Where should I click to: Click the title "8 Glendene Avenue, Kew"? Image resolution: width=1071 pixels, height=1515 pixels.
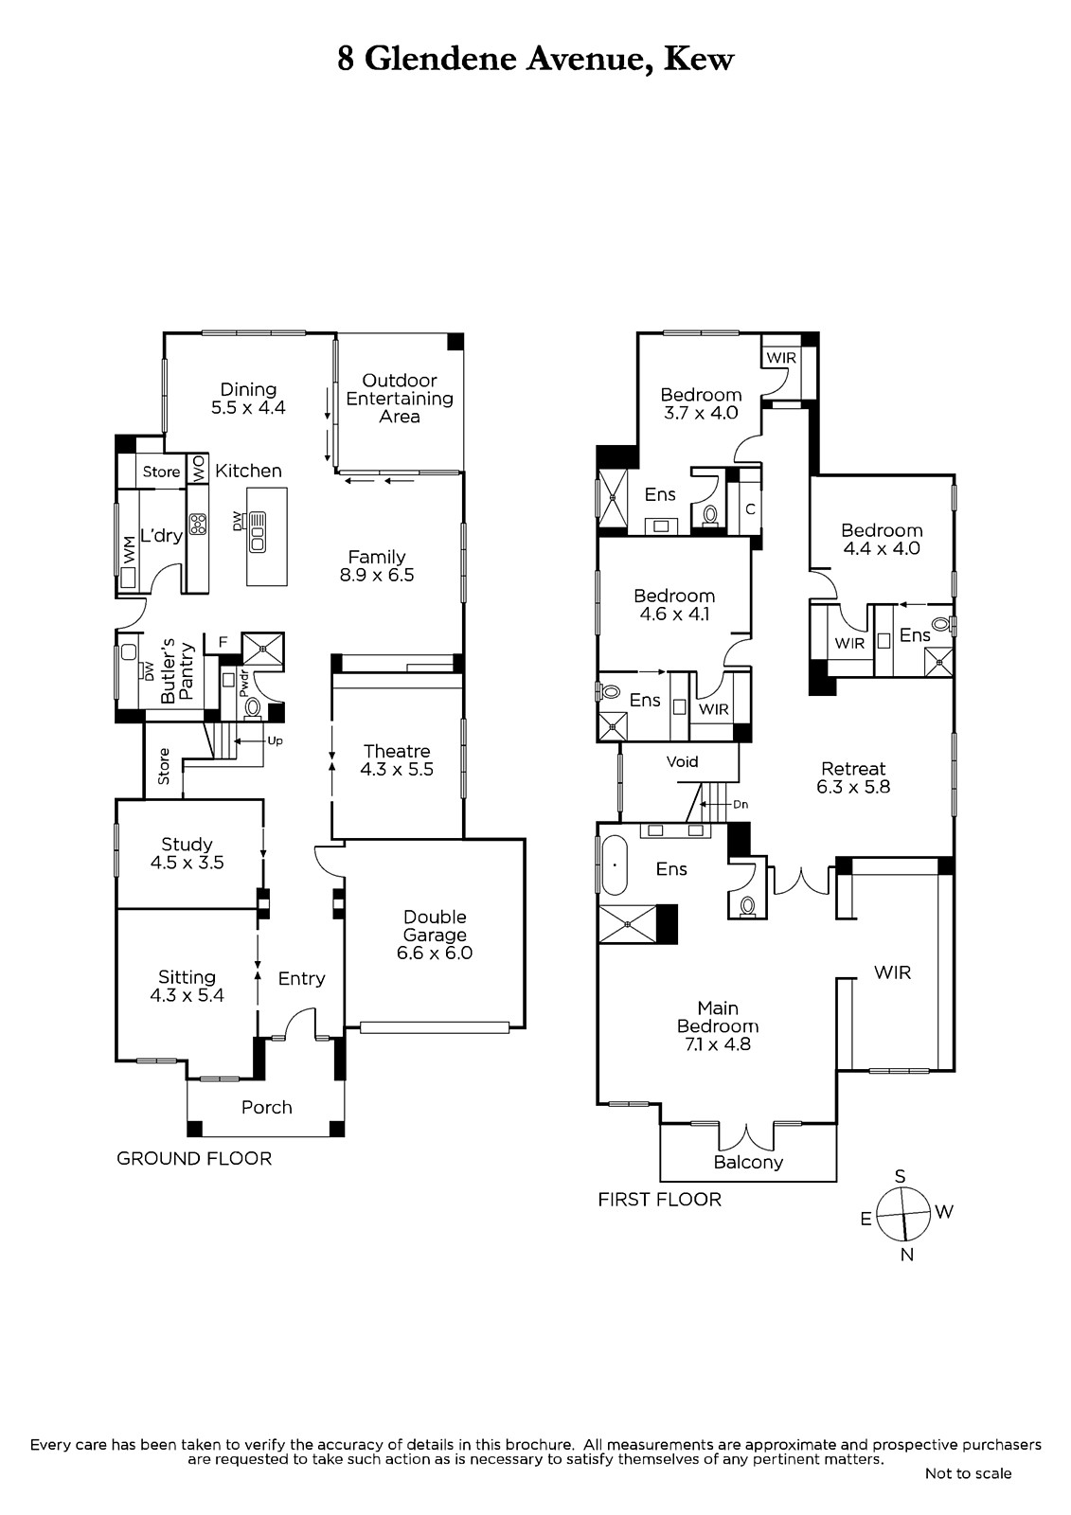click(535, 60)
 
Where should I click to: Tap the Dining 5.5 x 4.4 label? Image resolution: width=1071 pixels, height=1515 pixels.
click(248, 399)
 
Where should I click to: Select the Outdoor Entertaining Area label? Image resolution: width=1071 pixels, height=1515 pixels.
click(400, 399)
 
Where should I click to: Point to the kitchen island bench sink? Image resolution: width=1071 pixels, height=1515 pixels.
click(258, 531)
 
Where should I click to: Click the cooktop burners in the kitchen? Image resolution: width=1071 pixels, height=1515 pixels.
click(198, 525)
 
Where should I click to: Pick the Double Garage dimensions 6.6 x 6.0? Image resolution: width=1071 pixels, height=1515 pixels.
click(435, 953)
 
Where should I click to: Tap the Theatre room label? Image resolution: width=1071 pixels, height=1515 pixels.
click(397, 760)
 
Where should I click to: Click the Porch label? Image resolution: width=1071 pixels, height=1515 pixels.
click(266, 1108)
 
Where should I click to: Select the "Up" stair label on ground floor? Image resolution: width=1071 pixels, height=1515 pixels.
click(275, 740)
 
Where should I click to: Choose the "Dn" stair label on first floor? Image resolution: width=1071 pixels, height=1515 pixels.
click(741, 805)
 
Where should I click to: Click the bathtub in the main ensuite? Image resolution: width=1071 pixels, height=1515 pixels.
click(615, 865)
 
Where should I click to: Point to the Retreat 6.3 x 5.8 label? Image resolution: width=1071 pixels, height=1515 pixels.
click(853, 777)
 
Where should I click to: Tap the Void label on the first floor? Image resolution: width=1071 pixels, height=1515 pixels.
click(682, 761)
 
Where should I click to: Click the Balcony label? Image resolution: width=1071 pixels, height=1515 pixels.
click(748, 1163)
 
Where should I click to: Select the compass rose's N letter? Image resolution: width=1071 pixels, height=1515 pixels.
click(907, 1255)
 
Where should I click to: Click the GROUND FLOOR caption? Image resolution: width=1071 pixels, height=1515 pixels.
click(194, 1159)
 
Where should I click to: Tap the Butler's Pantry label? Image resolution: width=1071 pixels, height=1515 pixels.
click(177, 671)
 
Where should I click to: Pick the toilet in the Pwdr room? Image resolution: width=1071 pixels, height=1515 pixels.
click(252, 707)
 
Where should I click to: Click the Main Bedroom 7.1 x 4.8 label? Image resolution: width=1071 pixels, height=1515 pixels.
click(718, 1026)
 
